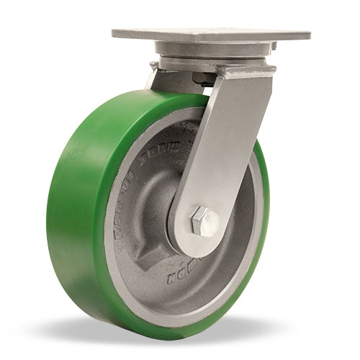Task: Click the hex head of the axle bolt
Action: click(204, 219)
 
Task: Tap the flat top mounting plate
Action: click(209, 35)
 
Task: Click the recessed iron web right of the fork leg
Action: click(241, 216)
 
